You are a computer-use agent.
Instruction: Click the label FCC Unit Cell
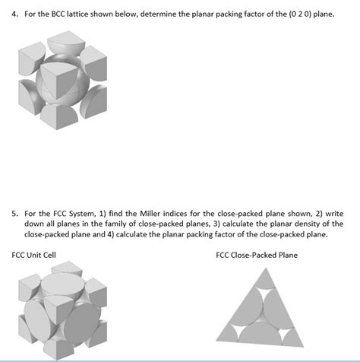(x=34, y=254)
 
